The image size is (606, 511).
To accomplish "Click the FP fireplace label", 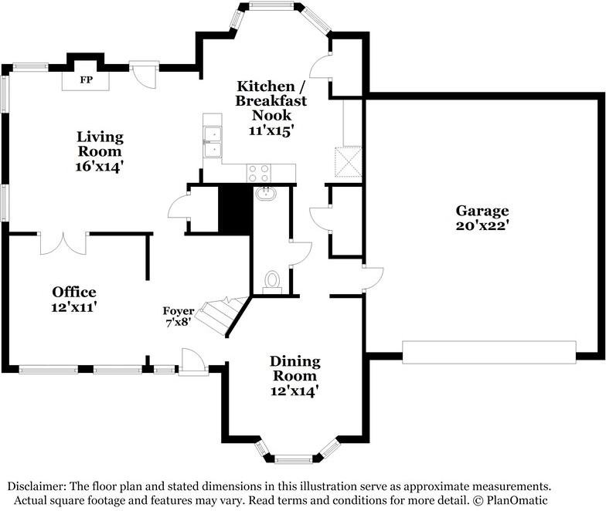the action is [x=86, y=80].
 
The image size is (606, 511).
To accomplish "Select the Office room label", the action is [x=74, y=292].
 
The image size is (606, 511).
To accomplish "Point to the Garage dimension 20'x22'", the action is [x=481, y=225].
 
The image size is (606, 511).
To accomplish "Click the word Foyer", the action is [x=178, y=310].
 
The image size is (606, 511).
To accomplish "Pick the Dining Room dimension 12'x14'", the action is [x=294, y=391].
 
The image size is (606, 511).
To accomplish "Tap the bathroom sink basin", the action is [x=266, y=193].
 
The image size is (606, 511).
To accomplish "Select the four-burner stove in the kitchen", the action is [x=258, y=173].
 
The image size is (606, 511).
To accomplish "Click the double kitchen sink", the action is [x=213, y=142].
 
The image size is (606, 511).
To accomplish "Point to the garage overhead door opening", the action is [x=489, y=352].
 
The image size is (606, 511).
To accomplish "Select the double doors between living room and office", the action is [x=63, y=243].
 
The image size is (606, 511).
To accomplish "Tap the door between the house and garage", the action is [x=373, y=278].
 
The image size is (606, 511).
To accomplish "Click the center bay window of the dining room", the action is [x=294, y=459].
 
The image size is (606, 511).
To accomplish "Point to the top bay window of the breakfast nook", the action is [x=271, y=5].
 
